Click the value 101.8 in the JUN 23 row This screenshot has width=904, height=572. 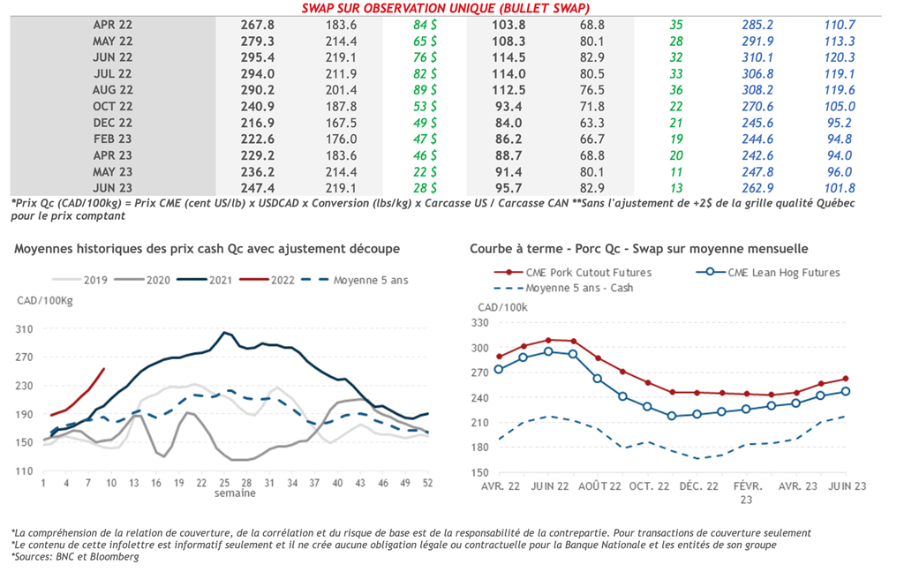(839, 188)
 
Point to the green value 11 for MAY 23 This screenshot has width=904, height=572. (676, 172)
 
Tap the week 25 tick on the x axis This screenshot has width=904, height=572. (226, 484)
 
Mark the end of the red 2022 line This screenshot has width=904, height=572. (104, 369)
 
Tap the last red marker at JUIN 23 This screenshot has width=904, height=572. (846, 379)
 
